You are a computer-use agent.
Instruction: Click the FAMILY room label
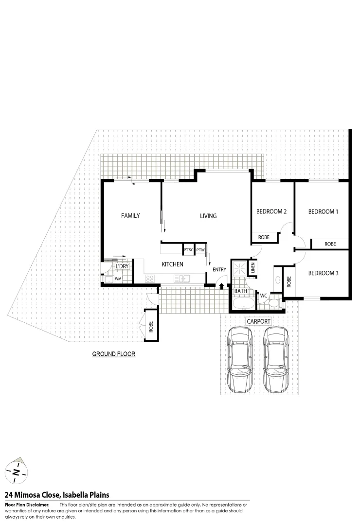tap(130, 215)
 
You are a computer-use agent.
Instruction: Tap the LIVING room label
tap(208, 216)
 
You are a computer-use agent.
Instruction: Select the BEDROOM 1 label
tap(323, 211)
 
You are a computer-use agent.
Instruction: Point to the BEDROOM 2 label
tap(271, 211)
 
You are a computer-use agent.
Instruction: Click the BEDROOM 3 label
tap(323, 273)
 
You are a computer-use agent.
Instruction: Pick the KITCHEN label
tap(172, 264)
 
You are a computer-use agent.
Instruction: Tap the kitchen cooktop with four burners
tap(150, 279)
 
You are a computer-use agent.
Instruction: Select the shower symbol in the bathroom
tap(239, 268)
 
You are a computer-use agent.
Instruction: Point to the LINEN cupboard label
tap(253, 268)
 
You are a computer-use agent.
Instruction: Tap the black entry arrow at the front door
tap(221, 286)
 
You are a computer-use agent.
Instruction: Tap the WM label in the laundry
tap(118, 279)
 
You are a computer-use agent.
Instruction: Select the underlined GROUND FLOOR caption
tap(113, 354)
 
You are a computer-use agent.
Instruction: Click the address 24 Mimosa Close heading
tap(56, 495)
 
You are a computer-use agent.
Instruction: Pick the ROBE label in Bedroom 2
tap(264, 238)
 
